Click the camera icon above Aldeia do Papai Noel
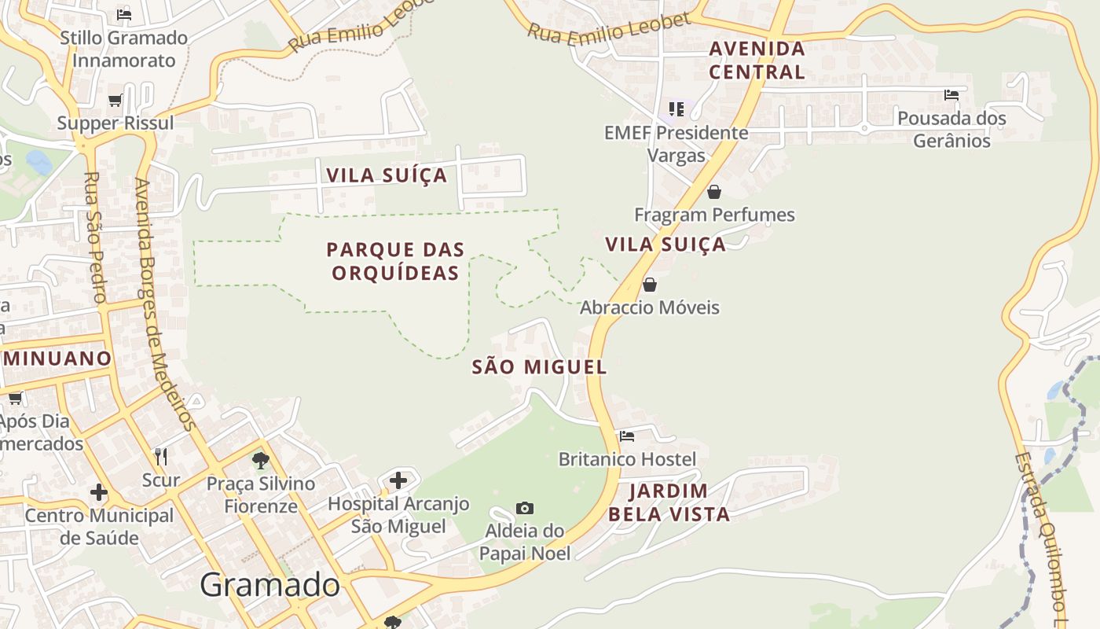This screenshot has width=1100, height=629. click(525, 509)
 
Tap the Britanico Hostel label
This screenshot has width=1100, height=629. click(627, 458)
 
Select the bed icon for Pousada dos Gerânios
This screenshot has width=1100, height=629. click(951, 95)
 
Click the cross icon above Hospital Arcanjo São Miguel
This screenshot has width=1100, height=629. click(398, 480)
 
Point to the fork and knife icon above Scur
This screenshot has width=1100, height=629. click(161, 456)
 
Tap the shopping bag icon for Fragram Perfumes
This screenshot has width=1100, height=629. click(714, 192)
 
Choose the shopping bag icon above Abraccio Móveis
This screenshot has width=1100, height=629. click(650, 285)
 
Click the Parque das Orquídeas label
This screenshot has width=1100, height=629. click(395, 261)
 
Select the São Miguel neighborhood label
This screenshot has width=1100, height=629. click(539, 366)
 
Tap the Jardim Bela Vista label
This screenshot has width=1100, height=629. click(669, 502)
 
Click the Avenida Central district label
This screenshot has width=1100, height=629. click(757, 60)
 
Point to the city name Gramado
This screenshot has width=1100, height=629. click(269, 585)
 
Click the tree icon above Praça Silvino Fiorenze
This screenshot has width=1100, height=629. click(261, 461)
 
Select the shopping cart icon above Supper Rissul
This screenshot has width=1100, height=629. click(115, 101)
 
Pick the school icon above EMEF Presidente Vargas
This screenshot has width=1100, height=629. click(676, 109)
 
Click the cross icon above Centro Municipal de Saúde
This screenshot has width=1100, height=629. click(98, 492)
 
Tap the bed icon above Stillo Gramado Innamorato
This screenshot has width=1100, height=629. click(123, 14)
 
